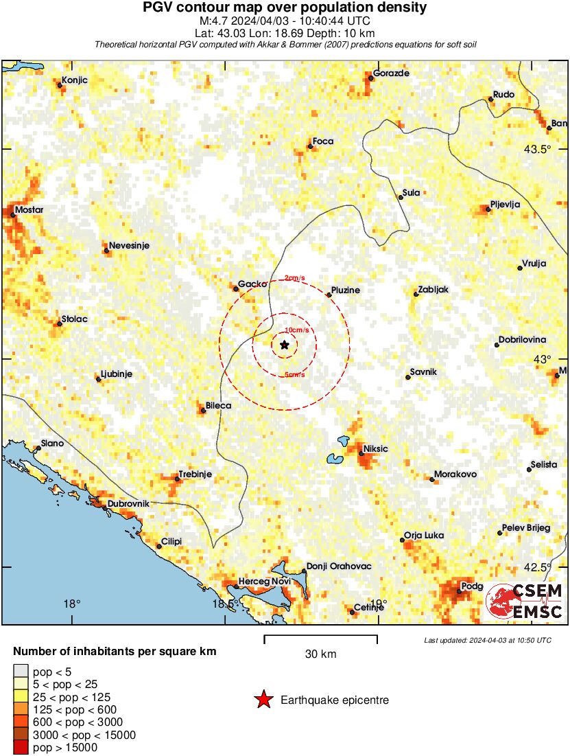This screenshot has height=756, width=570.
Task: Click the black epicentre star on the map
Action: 285,345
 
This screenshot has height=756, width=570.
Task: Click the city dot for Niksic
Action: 361,453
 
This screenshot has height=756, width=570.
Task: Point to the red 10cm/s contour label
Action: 296,330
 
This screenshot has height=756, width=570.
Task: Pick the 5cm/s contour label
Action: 295,374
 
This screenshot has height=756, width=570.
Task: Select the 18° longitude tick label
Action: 72,604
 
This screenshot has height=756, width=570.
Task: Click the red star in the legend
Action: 263,700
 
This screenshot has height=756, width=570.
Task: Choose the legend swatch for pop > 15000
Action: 21,747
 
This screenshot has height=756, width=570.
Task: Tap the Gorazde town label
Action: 391,73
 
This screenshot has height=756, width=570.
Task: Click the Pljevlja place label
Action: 506,204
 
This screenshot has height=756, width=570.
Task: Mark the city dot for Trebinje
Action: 177,478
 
